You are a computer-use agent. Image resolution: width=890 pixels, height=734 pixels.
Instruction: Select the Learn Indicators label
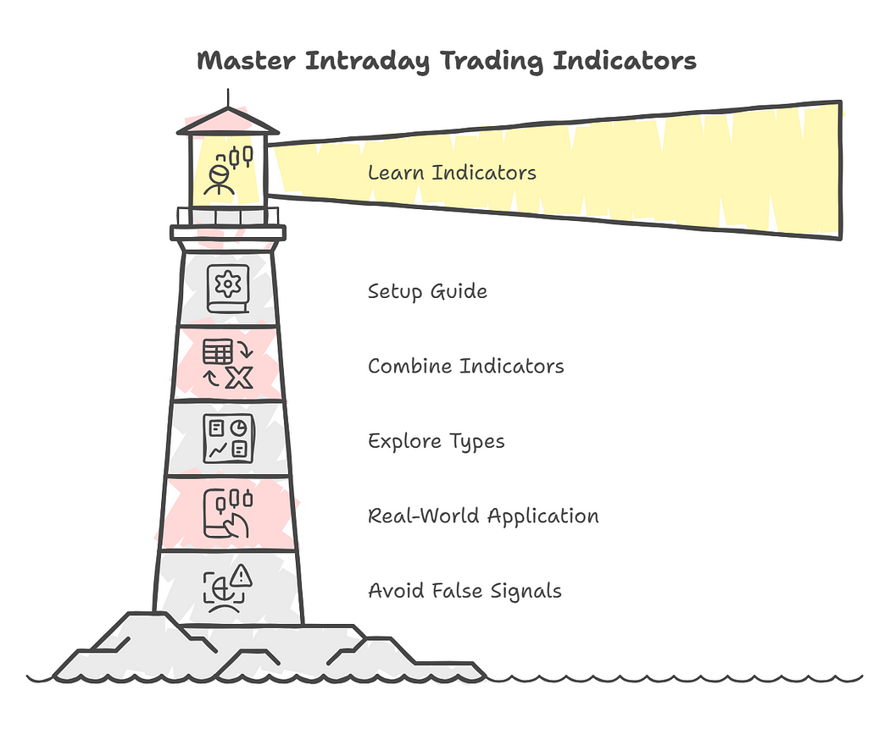[452, 173]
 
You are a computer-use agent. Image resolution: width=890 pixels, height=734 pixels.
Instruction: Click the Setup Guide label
[427, 292]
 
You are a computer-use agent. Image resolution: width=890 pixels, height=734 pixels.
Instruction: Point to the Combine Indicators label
[465, 367]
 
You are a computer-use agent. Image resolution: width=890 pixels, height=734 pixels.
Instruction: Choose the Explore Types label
[436, 441]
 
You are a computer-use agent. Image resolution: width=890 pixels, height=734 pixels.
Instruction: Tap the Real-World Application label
[483, 516]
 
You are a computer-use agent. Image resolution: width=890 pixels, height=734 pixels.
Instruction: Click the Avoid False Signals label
[464, 590]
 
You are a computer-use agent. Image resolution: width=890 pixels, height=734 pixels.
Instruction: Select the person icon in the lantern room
[219, 179]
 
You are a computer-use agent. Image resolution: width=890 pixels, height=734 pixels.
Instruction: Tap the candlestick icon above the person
[240, 157]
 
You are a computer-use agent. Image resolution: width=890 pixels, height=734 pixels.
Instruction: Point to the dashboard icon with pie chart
[228, 438]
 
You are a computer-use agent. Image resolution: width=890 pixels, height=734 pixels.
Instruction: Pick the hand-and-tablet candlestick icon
[228, 513]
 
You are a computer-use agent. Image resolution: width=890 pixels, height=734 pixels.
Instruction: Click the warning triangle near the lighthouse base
[242, 577]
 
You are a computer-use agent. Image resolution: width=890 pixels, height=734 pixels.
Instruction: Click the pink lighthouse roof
[228, 122]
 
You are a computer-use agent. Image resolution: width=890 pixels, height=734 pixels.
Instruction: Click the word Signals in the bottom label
[529, 590]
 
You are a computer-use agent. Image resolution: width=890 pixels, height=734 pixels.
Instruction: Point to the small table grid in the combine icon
[217, 351]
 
